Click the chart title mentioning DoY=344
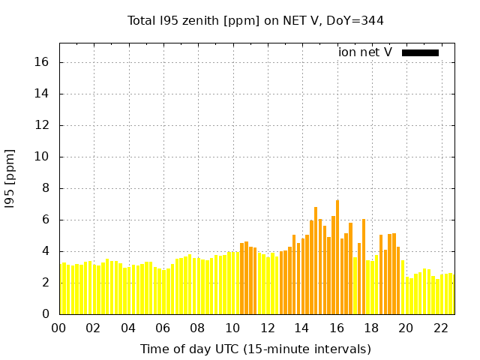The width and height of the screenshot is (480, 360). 256,20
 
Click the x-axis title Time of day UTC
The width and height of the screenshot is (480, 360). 256,349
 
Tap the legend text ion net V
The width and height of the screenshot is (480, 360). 365,52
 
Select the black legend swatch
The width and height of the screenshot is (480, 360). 420,52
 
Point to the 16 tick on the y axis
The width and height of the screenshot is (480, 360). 42,62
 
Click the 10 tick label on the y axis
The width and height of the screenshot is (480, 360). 42,157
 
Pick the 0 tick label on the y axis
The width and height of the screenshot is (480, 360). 45,314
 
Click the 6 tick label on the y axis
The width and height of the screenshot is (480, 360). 45,220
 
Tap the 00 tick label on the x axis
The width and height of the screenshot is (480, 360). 58,328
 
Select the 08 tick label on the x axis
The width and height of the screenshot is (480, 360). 197,328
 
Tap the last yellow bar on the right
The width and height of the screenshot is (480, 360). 451,293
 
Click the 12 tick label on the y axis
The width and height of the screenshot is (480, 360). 42,125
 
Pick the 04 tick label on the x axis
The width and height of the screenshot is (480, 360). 128,328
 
